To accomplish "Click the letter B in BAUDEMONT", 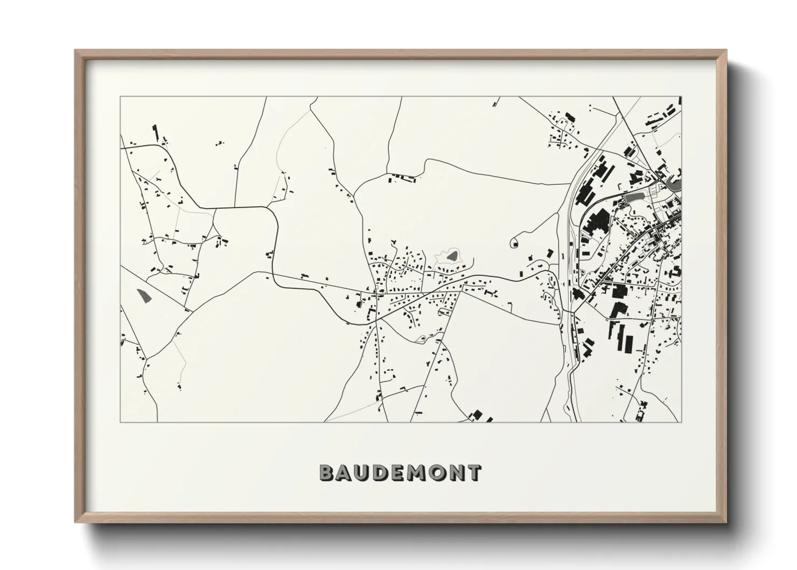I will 327,473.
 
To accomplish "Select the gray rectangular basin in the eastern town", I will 634,197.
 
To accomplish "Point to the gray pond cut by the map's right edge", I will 674,185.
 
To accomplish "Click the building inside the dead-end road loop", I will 515,244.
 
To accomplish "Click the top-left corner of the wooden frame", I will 75,51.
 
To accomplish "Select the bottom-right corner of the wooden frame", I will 726,523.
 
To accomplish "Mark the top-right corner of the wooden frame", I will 726,51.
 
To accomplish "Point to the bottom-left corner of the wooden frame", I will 75,523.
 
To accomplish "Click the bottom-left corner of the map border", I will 120,422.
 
